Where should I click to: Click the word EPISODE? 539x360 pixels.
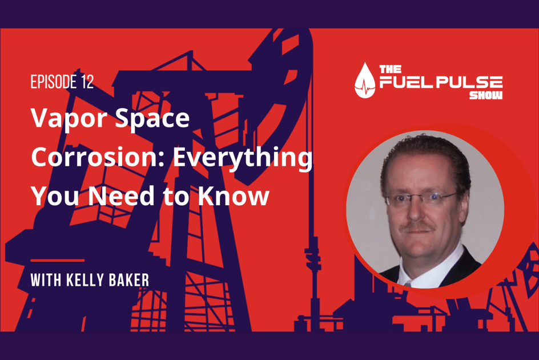coord(51,82)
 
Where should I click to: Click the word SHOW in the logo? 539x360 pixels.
coord(486,95)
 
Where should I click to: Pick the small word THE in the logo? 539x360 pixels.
coord(387,69)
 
